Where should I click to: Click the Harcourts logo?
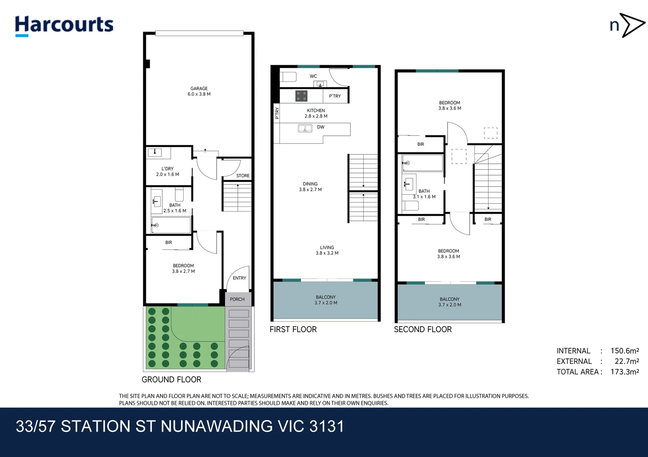point(64,26)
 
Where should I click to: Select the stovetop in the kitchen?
point(301,96)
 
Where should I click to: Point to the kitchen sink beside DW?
point(305,128)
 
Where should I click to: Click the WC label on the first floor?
point(313,76)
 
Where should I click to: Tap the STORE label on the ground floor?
point(243,176)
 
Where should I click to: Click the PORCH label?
point(237,299)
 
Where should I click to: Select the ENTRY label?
point(239,278)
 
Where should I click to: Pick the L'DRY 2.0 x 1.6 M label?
point(167,172)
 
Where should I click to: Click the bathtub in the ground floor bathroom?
point(171,225)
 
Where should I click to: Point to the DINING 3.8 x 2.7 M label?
point(310,187)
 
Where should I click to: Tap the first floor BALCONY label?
point(326,300)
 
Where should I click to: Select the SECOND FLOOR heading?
point(423,329)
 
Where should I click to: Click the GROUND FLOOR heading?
point(171,380)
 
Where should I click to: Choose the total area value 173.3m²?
point(625,372)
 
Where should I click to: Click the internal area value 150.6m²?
point(625,351)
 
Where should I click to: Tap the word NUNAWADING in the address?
point(217,427)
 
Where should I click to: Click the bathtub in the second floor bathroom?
point(423,163)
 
